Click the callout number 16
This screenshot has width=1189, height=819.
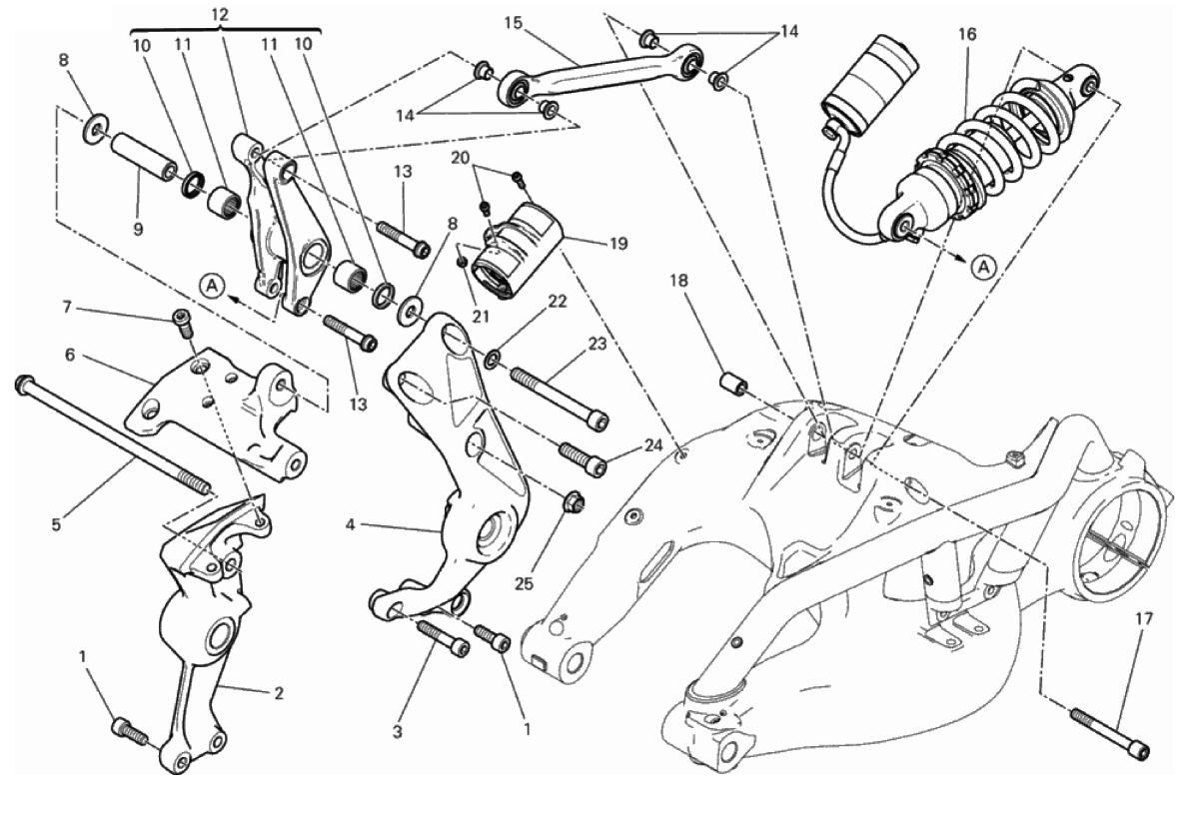pos(967,34)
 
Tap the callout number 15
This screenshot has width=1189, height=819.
pos(514,23)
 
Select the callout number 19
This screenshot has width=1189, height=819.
pos(618,244)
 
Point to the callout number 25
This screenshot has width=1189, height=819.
pos(524,583)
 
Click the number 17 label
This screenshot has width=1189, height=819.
pos(1144,619)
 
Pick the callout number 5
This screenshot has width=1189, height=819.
pos(56,524)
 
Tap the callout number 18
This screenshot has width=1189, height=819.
pos(678,281)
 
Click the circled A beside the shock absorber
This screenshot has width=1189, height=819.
pos(983,267)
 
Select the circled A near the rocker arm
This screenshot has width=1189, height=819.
pos(213,285)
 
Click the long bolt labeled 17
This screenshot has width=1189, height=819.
pos(1110,732)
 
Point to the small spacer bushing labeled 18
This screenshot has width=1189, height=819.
pos(731,383)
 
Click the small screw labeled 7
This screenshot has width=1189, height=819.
pos(181,321)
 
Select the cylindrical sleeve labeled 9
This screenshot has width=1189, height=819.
pos(143,157)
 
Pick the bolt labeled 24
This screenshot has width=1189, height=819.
pos(583,456)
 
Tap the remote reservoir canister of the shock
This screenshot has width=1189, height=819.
pos(870,86)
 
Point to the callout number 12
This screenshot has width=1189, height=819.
pos(220,15)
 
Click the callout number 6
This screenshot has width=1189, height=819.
pos(70,355)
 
